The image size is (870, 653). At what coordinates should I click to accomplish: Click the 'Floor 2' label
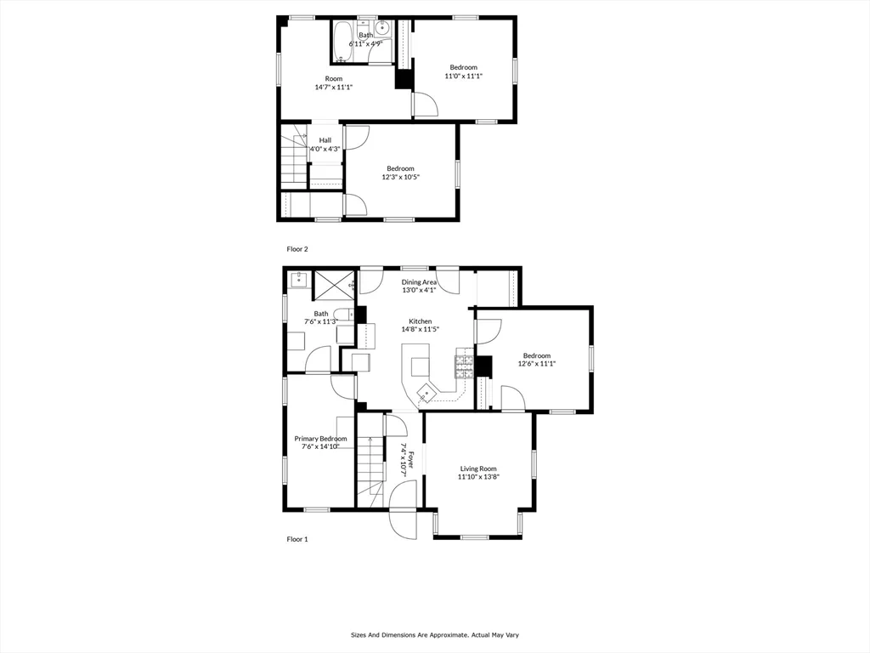pos(297,249)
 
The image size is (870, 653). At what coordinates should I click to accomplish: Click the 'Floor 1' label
pos(297,539)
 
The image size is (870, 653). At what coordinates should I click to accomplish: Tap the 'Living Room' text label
pos(478,468)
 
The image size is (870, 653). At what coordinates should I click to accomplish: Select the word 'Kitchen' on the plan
pos(420,321)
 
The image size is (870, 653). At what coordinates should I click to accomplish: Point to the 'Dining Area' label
pos(419,282)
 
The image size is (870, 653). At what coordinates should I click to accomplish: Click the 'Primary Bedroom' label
pos(320,439)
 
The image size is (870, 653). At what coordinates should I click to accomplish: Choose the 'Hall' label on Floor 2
pos(325,140)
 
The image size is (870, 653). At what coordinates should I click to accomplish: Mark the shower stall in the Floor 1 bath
pos(334,284)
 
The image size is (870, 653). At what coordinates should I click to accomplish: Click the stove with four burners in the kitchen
pos(464,365)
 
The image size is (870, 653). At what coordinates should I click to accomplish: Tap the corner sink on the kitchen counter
pos(425,393)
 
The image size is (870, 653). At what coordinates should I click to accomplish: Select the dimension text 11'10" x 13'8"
pos(478,477)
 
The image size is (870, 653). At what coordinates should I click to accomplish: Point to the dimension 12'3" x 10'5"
pos(400,177)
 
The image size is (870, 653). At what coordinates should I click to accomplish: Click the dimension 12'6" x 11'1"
pos(536,364)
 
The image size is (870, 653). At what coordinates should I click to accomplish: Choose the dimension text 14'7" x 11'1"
pos(333,87)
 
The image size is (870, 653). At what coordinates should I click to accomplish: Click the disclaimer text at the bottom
pos(435,634)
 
